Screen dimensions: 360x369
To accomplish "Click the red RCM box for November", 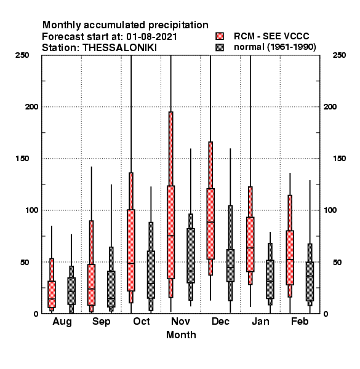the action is [x=170, y=232].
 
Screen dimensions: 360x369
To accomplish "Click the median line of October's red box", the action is [x=131, y=263].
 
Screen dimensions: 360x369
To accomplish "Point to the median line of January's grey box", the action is [x=270, y=281].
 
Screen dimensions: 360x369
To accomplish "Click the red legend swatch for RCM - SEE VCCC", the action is [x=220, y=36].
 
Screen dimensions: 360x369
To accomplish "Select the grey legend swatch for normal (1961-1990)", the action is [x=220, y=47].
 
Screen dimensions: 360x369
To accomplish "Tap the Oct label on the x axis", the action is [x=142, y=321].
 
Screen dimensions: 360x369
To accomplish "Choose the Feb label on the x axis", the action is [x=300, y=321].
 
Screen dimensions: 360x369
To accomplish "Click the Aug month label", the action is [x=62, y=322].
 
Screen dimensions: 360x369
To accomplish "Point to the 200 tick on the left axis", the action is [x=31, y=107].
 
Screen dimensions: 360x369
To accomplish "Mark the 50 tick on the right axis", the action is [x=337, y=262].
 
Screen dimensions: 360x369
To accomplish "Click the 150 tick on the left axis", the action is [x=22, y=159].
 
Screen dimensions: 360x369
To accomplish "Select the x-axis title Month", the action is [x=181, y=335].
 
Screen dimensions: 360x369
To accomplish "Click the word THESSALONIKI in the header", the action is [x=119, y=48].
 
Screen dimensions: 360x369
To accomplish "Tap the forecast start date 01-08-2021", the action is [x=151, y=37].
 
